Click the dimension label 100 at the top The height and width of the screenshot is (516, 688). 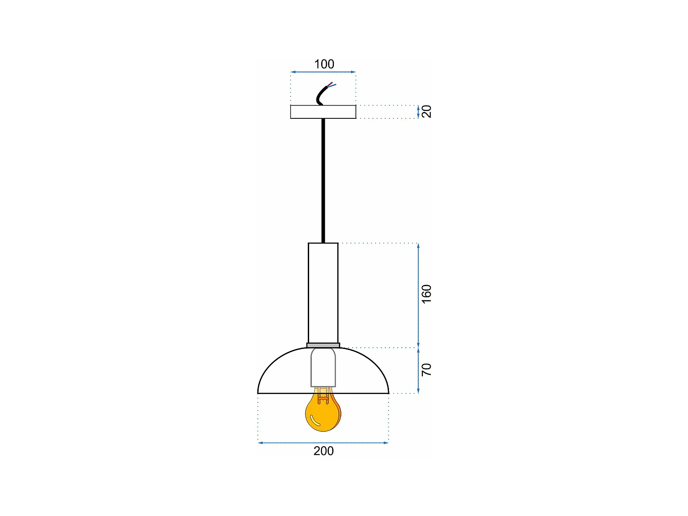pos(324,64)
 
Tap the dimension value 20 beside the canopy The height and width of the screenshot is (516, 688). pos(427,111)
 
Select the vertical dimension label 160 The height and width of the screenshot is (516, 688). pos(427,294)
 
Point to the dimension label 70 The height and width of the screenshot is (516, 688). pos(427,370)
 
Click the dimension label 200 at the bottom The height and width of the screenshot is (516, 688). pos(323,451)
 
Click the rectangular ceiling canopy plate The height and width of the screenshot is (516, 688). pos(323,112)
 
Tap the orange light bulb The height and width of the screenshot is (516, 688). pos(323,413)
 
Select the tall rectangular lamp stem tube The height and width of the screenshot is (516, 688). pos(323,293)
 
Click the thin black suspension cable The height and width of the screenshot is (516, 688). pos(323,179)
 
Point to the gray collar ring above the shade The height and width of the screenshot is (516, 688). pos(323,345)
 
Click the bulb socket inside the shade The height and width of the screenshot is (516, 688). pos(323,367)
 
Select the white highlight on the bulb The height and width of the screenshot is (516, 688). pos(314,421)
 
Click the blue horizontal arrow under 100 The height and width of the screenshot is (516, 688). pos(323,72)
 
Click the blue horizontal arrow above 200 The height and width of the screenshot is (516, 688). pos(323,443)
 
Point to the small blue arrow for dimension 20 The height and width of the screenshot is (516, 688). pos(418,111)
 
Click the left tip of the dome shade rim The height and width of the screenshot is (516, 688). pos(259,393)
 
